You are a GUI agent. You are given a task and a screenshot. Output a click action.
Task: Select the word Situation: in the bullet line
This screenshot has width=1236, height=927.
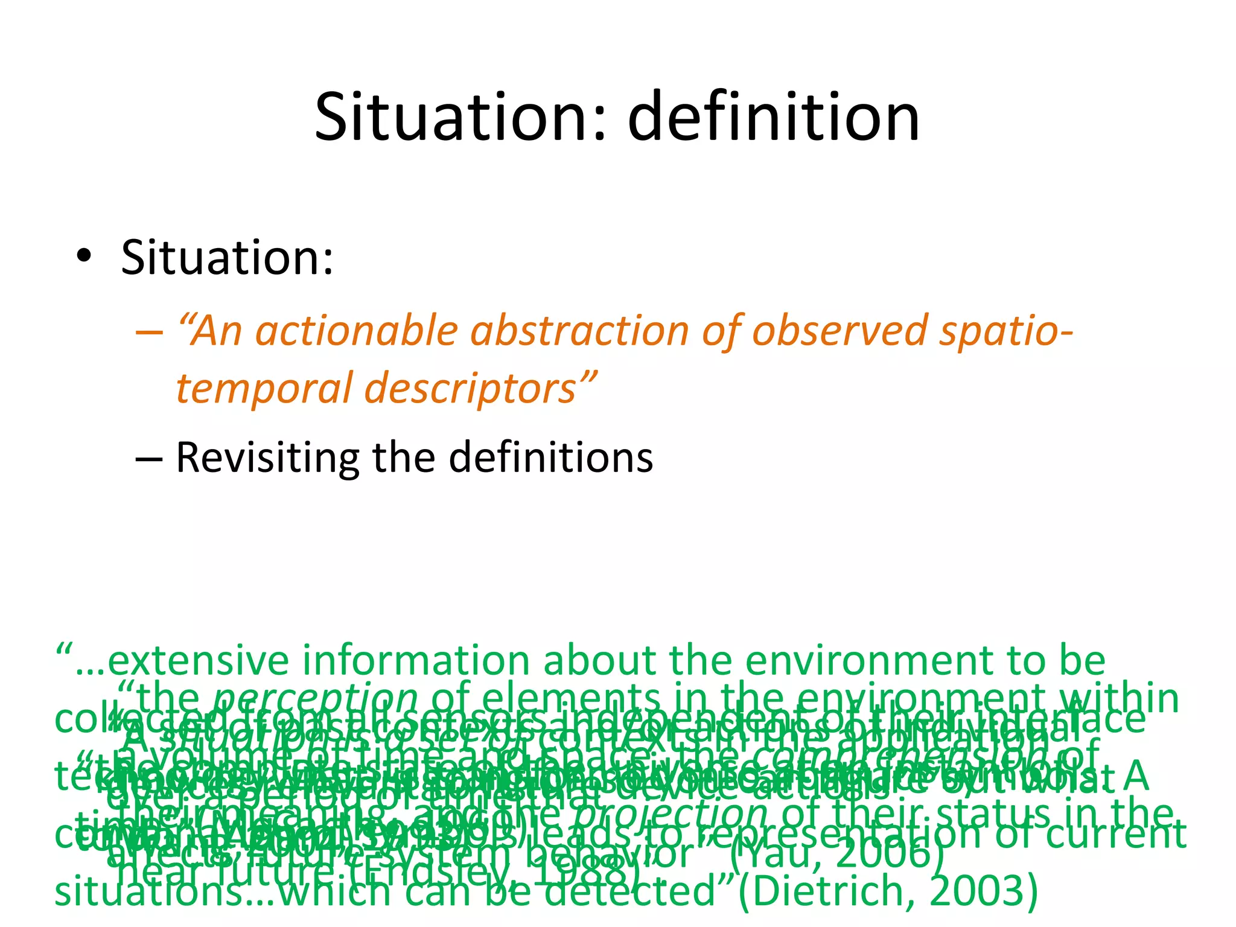point(227,258)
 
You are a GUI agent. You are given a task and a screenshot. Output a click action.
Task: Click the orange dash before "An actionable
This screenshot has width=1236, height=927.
point(148,333)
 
